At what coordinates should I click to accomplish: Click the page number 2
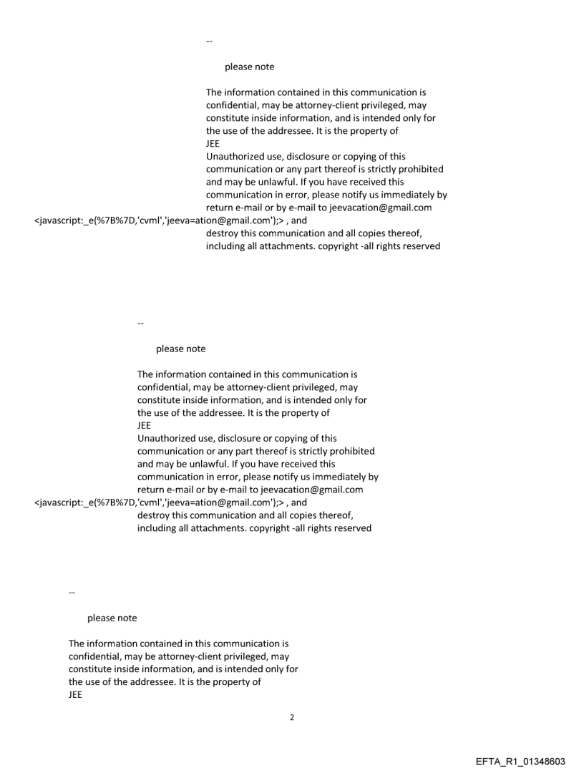pyautogui.click(x=291, y=716)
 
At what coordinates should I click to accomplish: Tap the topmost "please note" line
pyautogui.click(x=249, y=67)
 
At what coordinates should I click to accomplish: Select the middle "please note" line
pyautogui.click(x=180, y=349)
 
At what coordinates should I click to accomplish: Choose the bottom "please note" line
pyautogui.click(x=112, y=618)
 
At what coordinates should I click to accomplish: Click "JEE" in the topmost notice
pyautogui.click(x=213, y=144)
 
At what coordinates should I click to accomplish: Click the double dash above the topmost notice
pyautogui.click(x=209, y=42)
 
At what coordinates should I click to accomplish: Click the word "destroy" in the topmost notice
pyautogui.click(x=223, y=234)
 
